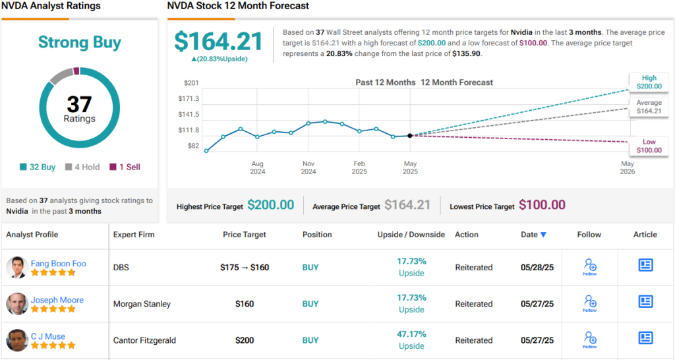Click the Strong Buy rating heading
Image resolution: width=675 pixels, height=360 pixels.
coord(80,43)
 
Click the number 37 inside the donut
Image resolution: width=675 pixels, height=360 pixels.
coord(79,104)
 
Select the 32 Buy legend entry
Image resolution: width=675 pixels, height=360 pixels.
coord(38,167)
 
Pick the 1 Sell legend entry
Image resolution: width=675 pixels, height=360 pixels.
coord(125,167)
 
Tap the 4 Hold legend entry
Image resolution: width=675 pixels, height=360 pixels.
coord(82,167)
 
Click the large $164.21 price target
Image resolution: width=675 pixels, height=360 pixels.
coord(218,42)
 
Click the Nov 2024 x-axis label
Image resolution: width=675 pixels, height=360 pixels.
coord(308,167)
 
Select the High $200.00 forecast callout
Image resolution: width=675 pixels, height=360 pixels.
coord(649,82)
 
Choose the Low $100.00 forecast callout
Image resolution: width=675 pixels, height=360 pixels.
coord(649,146)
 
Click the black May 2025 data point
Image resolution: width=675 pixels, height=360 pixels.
coord(410,135)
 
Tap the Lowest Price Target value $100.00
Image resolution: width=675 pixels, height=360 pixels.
coord(542,205)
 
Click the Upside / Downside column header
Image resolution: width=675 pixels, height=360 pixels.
coord(411,235)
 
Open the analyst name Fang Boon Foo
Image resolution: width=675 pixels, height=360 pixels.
coord(58,264)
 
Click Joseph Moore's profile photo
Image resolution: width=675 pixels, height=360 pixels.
coord(16,304)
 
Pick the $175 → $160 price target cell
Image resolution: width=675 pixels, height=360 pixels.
coord(244,268)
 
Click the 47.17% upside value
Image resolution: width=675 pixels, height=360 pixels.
coord(411,334)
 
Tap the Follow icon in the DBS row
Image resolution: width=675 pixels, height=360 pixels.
coord(589,267)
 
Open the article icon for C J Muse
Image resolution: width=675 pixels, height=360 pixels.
coord(645,338)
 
